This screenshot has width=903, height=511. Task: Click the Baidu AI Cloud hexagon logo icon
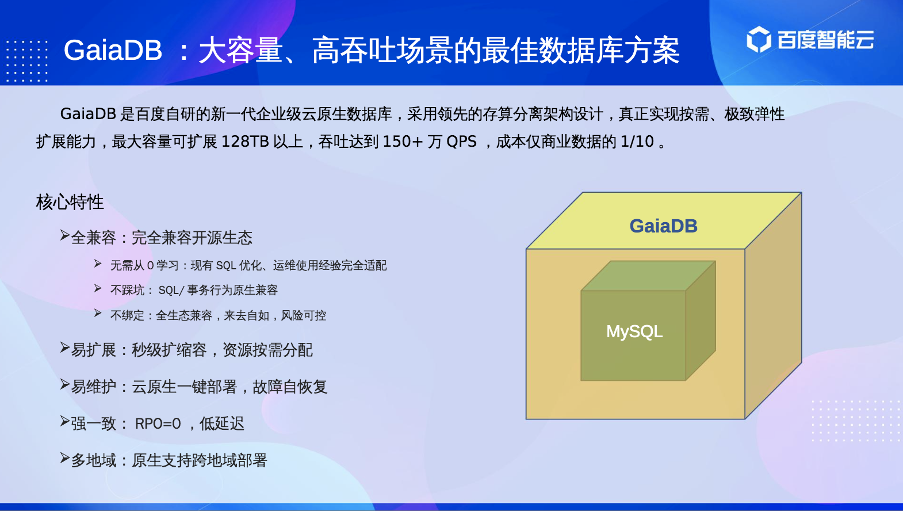(x=759, y=40)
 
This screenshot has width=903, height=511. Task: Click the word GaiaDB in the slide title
(x=113, y=51)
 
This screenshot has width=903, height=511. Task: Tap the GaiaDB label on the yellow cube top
(x=664, y=226)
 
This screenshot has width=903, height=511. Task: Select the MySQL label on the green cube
(x=634, y=331)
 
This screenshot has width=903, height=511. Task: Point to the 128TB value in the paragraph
(x=245, y=142)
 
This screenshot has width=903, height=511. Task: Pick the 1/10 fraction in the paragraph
(x=637, y=142)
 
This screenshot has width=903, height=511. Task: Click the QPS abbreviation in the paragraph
(x=462, y=142)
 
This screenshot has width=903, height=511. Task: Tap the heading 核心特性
(x=70, y=202)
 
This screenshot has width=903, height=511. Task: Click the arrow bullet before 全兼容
(x=65, y=235)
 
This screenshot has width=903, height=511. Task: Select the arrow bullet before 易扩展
(x=65, y=347)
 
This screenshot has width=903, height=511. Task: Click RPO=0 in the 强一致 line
(x=158, y=424)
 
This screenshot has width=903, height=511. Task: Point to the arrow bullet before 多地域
(x=65, y=458)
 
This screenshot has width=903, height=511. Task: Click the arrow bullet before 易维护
(x=65, y=384)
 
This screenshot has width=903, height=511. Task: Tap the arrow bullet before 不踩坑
(x=98, y=288)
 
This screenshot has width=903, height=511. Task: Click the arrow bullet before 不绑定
(x=98, y=313)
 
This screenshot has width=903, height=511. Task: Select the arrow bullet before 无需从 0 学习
(x=98, y=264)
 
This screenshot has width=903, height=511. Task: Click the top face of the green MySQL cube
(x=648, y=276)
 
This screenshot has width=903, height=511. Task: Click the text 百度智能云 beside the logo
(x=825, y=40)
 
